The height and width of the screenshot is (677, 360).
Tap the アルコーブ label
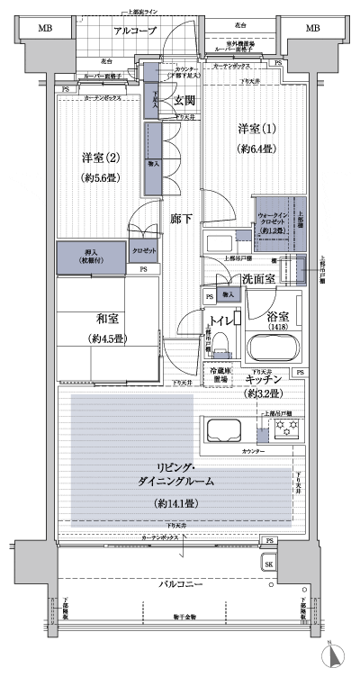click(135, 31)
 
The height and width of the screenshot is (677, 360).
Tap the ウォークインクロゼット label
click(273, 221)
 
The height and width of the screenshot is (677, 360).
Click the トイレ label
click(221, 319)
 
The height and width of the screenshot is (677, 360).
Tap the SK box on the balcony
click(268, 564)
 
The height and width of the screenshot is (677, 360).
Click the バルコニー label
click(179, 585)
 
